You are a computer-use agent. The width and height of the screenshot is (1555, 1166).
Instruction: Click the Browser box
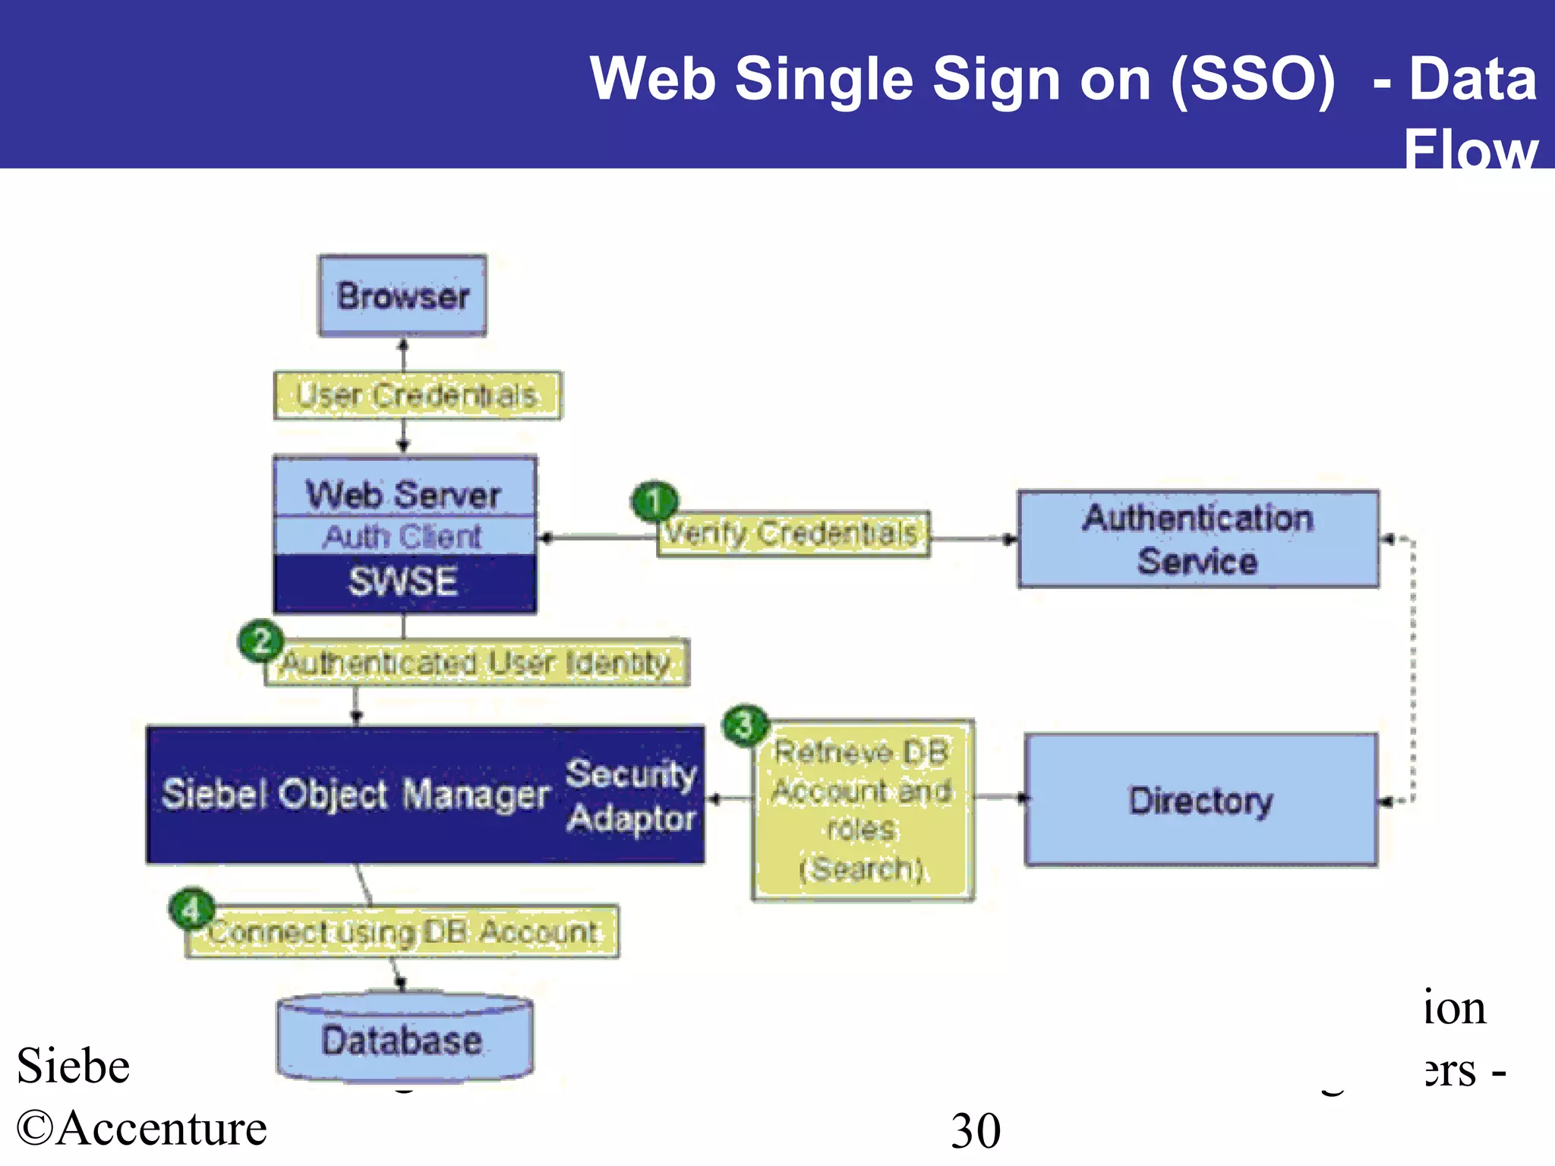(402, 296)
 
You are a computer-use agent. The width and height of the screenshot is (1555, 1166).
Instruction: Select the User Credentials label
(417, 395)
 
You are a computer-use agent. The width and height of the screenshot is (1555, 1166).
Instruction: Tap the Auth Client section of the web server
(403, 537)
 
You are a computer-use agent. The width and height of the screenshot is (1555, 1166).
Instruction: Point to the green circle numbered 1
(654, 501)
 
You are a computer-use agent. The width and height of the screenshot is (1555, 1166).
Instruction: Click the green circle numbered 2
(261, 641)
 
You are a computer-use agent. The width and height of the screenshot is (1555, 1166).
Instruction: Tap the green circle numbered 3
(745, 725)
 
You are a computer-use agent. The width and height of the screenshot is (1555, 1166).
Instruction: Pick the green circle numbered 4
(191, 910)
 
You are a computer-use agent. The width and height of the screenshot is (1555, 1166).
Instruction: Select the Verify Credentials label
(791, 534)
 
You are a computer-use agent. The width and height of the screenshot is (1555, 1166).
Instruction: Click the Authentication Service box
(1197, 540)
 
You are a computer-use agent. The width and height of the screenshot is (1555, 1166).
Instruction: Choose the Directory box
(1200, 800)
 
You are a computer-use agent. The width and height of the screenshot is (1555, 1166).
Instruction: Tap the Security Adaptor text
(631, 796)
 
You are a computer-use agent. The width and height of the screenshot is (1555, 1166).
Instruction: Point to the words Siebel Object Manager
(355, 795)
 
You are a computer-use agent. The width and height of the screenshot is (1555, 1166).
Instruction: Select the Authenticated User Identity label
(477, 663)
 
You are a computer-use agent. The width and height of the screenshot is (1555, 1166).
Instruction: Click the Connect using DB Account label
(402, 932)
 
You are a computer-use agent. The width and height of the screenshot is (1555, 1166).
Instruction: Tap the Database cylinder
(403, 1040)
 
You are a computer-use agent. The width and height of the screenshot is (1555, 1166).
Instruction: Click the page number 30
(976, 1131)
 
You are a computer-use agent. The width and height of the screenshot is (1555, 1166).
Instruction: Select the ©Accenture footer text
(142, 1129)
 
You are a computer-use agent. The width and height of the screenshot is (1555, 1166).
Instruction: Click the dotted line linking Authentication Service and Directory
(1413, 668)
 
